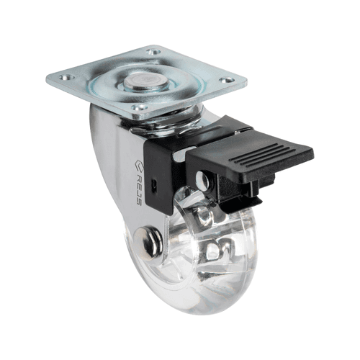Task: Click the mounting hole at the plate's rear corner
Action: click(x=153, y=51)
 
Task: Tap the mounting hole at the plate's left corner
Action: click(x=67, y=77)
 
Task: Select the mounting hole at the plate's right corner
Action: click(x=227, y=80)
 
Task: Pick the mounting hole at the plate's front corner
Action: click(x=140, y=107)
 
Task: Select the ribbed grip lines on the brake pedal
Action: click(x=261, y=156)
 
